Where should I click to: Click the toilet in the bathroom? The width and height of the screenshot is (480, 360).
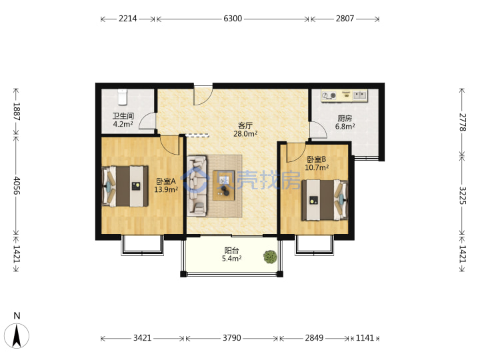(123, 97)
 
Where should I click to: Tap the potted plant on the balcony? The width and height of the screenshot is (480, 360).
(270, 257)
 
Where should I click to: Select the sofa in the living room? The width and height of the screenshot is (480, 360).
(197, 185)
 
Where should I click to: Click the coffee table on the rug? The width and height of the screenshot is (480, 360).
(224, 185)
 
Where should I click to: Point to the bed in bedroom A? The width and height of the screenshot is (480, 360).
(125, 186)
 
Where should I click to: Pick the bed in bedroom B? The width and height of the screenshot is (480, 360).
(325, 200)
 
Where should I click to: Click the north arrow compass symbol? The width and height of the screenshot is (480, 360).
(17, 335)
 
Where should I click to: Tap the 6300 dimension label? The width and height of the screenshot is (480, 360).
(233, 19)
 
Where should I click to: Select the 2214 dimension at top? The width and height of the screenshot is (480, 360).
(127, 19)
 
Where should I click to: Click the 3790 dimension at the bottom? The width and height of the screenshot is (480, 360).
(232, 338)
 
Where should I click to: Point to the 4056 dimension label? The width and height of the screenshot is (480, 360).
(17, 185)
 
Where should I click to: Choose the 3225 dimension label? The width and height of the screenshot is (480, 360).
(463, 195)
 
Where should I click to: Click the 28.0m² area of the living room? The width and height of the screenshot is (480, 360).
(245, 134)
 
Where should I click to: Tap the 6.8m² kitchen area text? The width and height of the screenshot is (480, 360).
(345, 127)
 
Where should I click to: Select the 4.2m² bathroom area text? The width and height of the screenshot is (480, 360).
(123, 124)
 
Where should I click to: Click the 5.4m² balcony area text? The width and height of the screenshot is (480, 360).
(232, 259)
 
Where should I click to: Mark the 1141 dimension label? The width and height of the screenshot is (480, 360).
(365, 338)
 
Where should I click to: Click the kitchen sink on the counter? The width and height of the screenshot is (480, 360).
(360, 95)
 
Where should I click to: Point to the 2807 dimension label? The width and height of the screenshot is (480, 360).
(345, 19)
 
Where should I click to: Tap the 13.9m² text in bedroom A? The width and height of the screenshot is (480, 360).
(166, 189)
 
